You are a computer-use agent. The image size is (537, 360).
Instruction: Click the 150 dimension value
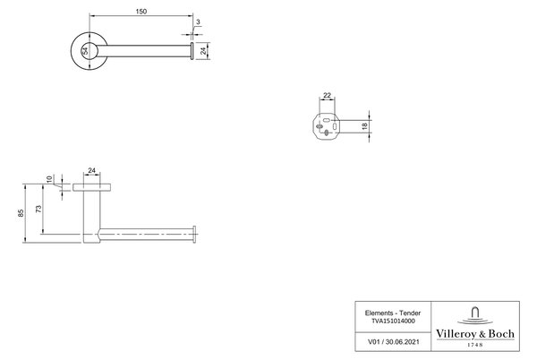pyautogui.click(x=141, y=12)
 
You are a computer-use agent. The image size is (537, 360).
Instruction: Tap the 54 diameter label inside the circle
pyautogui.click(x=85, y=51)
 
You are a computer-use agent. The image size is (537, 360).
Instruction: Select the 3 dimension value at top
pyautogui.click(x=198, y=21)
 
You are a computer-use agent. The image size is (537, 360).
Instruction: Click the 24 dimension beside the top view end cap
pyautogui.click(x=204, y=51)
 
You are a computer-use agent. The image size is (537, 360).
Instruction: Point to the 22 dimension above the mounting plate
pyautogui.click(x=327, y=95)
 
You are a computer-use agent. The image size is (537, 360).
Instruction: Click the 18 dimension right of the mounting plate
pyautogui.click(x=365, y=125)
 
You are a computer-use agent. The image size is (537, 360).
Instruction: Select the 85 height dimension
pyautogui.click(x=21, y=213)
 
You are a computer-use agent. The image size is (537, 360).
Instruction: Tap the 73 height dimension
pyautogui.click(x=38, y=209)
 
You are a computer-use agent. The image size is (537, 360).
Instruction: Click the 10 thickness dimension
pyautogui.click(x=49, y=179)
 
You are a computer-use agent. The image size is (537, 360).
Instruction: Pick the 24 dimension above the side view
pyautogui.click(x=92, y=170)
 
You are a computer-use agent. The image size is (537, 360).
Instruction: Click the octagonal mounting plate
pyautogui.click(x=326, y=127)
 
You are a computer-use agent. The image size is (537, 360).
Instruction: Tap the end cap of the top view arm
pyautogui.click(x=192, y=51)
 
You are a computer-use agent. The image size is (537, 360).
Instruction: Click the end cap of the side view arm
pyautogui.click(x=194, y=235)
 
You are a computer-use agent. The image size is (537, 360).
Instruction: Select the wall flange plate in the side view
pyautogui.click(x=91, y=187)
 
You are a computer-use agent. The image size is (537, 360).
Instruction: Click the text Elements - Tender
pyautogui.click(x=393, y=313)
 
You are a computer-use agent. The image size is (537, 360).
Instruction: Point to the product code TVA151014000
pyautogui.click(x=393, y=321)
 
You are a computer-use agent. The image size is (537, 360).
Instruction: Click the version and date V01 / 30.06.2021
pyautogui.click(x=393, y=341)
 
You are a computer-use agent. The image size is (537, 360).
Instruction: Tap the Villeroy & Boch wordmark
pyautogui.click(x=475, y=334)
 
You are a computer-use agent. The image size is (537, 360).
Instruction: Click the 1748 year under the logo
pyautogui.click(x=475, y=345)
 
